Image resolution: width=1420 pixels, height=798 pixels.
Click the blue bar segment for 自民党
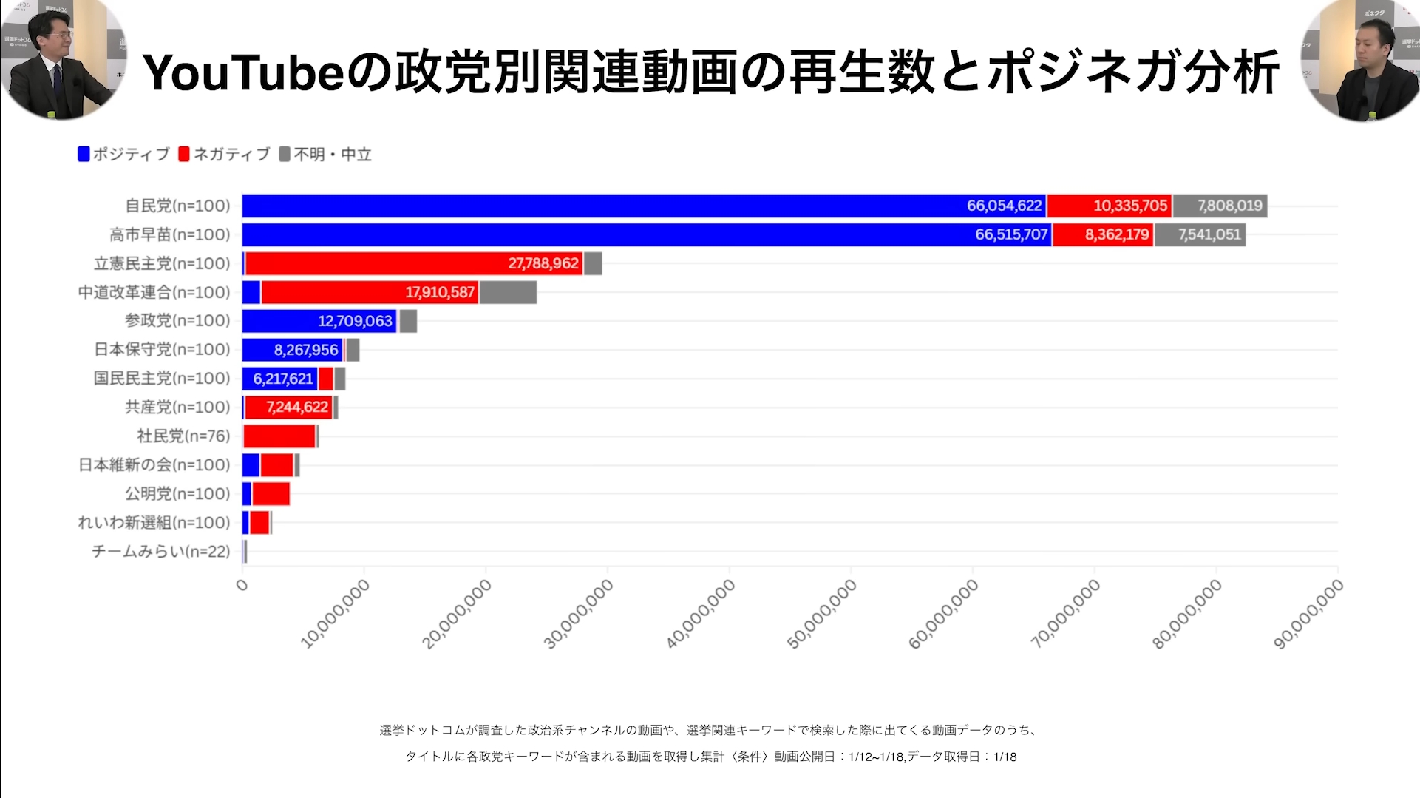click(643, 206)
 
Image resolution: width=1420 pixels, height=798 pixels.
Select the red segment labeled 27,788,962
click(414, 263)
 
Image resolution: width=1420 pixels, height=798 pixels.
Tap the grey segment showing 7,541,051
click(1200, 234)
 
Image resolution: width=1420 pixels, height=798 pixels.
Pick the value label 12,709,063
click(355, 321)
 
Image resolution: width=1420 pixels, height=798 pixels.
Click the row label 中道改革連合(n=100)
click(154, 292)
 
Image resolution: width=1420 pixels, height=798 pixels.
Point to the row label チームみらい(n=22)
click(160, 551)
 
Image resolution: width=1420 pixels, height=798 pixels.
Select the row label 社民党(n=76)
click(183, 436)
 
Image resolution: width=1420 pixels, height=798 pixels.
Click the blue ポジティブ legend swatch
click(84, 154)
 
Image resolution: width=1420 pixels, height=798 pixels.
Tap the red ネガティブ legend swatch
click(184, 154)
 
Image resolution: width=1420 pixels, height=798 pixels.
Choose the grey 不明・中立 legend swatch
click(285, 154)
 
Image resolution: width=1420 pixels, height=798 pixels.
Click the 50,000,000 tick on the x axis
click(822, 614)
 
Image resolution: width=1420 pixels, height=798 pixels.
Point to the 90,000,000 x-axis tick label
click(1308, 614)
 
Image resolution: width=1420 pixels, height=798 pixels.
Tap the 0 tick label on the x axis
click(242, 586)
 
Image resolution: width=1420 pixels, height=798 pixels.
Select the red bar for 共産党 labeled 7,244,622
click(289, 407)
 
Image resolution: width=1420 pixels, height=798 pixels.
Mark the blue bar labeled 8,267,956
click(292, 350)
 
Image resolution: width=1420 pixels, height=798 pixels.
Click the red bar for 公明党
click(271, 493)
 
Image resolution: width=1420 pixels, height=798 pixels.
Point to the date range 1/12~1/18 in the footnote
click(877, 757)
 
